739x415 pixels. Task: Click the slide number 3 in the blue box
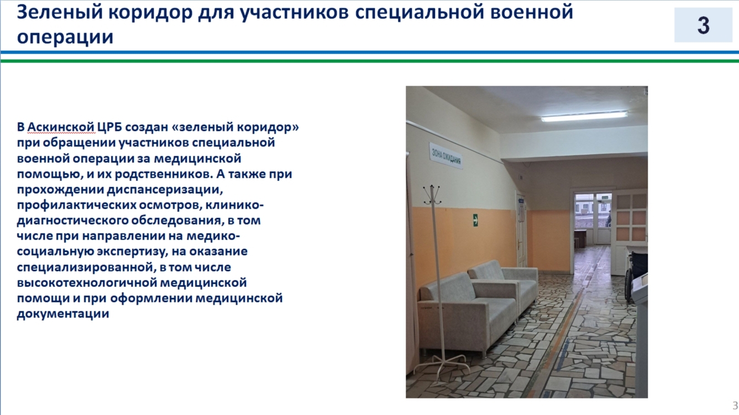coord(703,25)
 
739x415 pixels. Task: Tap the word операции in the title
coord(65,37)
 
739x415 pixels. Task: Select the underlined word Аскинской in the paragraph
coord(61,127)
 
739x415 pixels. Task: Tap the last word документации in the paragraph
coord(62,314)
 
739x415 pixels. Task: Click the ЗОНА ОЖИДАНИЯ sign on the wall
coord(446,156)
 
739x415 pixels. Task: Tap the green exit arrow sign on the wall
coord(475,220)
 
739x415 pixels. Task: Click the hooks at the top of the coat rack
coord(432,194)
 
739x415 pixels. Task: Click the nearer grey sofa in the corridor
coord(467,315)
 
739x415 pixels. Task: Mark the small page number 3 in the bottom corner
coord(735,405)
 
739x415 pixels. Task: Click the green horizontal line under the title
coord(369,60)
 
